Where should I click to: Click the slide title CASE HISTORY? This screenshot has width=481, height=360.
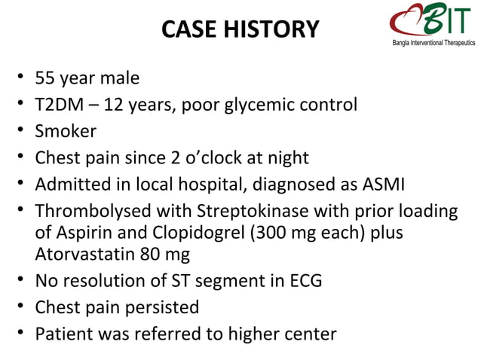coord(241,29)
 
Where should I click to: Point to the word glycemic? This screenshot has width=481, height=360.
coord(257,105)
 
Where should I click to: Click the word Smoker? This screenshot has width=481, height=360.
coord(66,132)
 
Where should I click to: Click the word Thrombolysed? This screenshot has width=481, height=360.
coord(92,212)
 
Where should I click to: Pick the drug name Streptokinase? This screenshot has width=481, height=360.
coord(242,212)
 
